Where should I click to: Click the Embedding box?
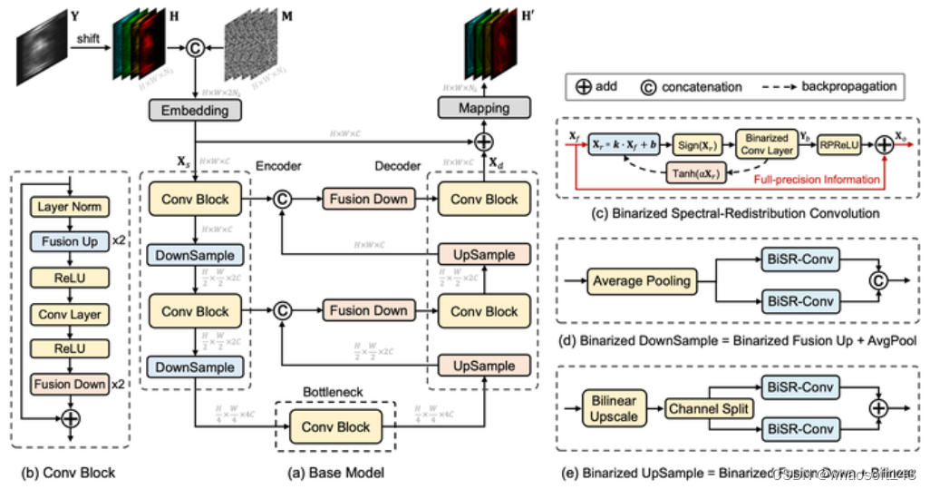(x=194, y=110)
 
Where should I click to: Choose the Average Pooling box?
(x=643, y=280)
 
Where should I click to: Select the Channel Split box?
(x=710, y=409)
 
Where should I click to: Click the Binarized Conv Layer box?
(x=767, y=143)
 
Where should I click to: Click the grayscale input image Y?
(x=40, y=41)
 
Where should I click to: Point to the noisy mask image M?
(x=255, y=43)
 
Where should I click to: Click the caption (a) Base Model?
(x=336, y=473)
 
